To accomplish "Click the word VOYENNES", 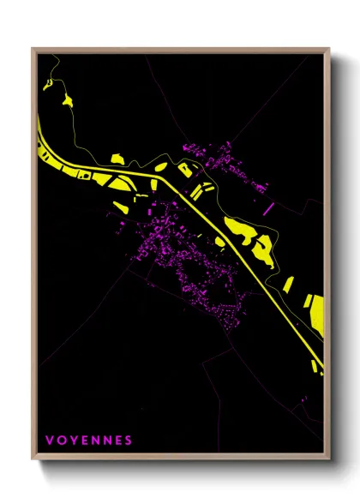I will (88, 441).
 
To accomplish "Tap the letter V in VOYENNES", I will (48, 441).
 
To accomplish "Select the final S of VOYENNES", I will (129, 441).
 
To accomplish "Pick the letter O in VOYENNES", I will (60, 441).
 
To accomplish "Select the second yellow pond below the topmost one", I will (66, 100).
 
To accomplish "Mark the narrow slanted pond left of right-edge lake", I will (289, 284).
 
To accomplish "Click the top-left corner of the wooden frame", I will (33, 49).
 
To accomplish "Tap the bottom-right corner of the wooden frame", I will (329, 460).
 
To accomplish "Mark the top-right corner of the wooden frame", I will (329, 49).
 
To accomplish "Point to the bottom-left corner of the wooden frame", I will (33, 460).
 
